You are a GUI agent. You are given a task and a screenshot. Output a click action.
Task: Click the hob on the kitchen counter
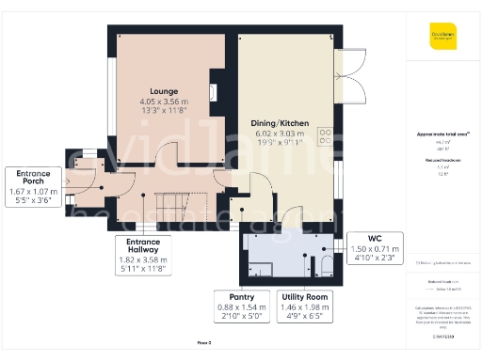[327, 137]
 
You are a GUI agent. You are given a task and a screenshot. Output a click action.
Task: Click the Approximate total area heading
[442, 134]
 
